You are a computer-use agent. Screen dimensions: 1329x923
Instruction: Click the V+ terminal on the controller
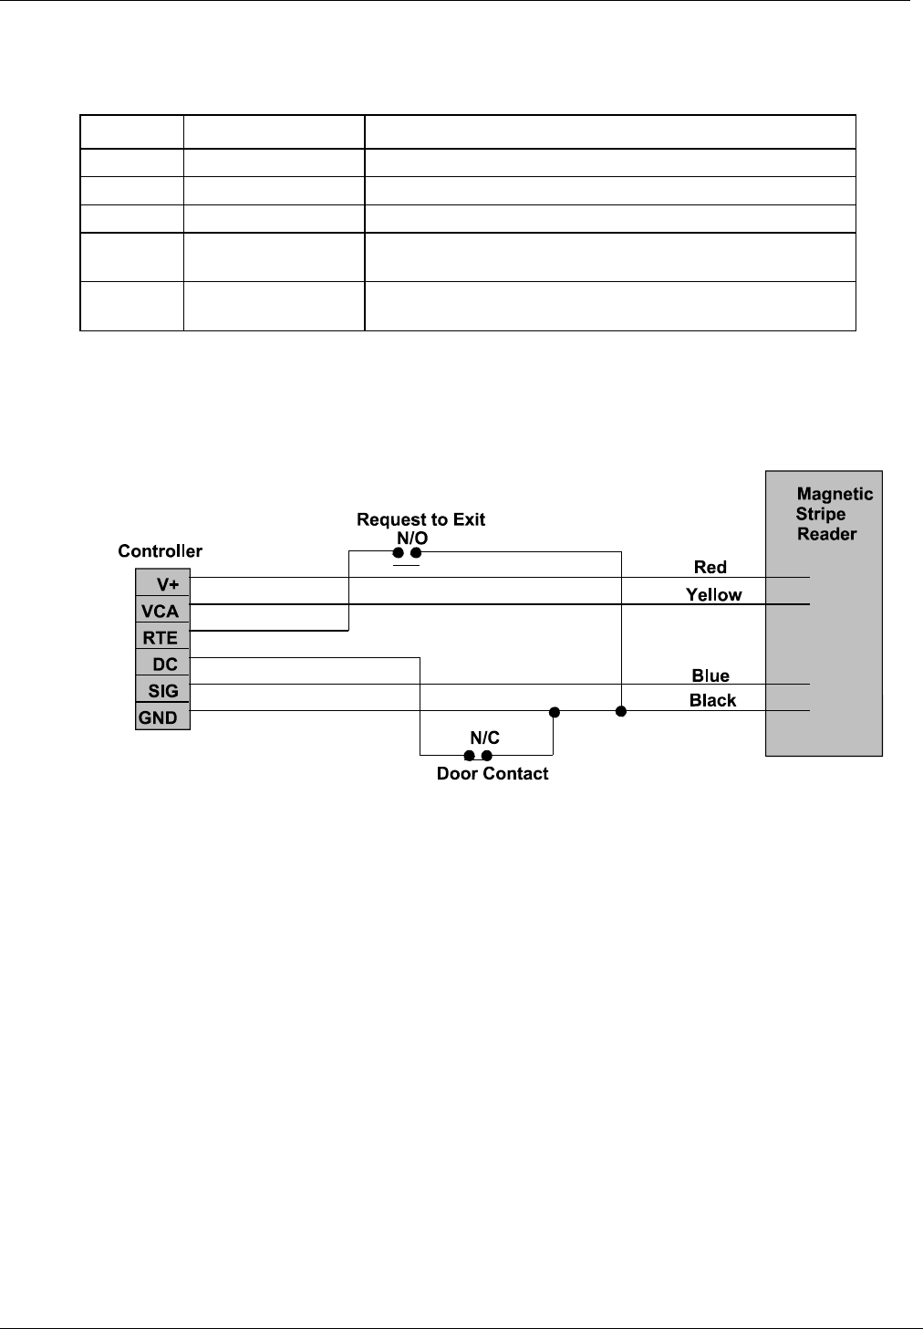[x=163, y=584]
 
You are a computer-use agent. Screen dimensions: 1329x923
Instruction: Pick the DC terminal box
[x=163, y=664]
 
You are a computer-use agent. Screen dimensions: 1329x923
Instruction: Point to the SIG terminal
[x=163, y=691]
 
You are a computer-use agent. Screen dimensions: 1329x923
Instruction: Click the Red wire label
[x=710, y=567]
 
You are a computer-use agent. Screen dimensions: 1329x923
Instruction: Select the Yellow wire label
[x=714, y=594]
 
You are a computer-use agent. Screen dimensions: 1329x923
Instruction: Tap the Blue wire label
[x=710, y=675]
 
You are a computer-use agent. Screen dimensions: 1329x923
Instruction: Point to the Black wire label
[x=712, y=701]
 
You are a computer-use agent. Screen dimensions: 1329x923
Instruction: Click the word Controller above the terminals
[x=161, y=551]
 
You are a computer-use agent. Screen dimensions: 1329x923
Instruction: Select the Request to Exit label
[x=420, y=519]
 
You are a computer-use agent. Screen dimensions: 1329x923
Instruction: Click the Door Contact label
[x=493, y=773]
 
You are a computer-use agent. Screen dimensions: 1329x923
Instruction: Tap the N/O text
[x=412, y=537]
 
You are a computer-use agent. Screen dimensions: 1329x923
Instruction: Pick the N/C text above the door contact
[x=484, y=738]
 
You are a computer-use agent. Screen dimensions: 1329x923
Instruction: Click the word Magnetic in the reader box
[x=835, y=494]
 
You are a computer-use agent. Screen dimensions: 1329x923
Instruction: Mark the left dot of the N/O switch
[x=399, y=552]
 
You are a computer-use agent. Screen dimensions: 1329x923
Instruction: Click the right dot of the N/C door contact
[x=487, y=756]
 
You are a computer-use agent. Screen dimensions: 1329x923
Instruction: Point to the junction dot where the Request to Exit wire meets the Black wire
[x=621, y=711]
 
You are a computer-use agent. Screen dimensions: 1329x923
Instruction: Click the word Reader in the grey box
[x=827, y=534]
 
